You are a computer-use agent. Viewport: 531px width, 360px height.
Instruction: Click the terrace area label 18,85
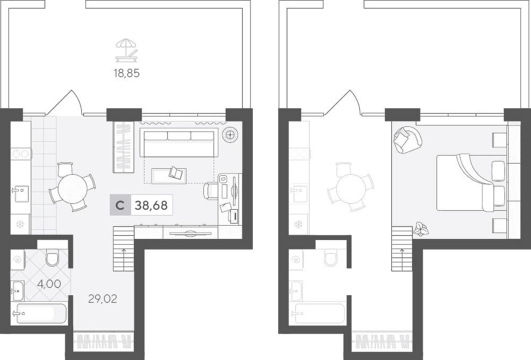127,73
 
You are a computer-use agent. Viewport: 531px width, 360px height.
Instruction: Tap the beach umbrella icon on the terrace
127,50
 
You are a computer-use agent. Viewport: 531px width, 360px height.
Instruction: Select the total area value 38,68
151,205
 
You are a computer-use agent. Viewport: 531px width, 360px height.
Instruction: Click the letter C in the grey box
120,205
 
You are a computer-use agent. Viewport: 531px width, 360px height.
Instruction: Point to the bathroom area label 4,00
49,284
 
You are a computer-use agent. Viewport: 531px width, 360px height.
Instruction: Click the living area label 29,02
102,298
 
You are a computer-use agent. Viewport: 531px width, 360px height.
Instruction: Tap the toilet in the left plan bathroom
53,256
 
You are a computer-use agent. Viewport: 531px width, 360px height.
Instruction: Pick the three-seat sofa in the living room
179,142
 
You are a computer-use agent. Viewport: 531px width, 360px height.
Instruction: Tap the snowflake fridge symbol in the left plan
20,224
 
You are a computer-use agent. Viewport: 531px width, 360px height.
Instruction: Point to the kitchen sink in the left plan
21,194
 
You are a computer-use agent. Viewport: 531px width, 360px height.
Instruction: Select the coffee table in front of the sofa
169,176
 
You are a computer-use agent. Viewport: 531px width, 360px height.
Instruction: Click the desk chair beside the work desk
210,191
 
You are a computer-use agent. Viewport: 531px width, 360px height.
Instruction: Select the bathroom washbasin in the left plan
18,290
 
